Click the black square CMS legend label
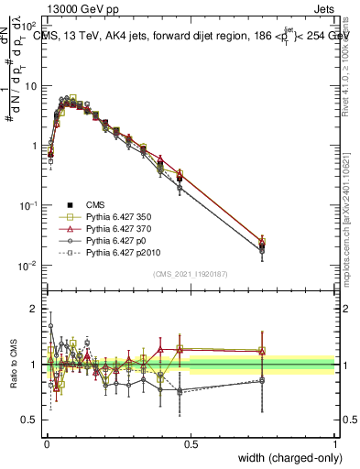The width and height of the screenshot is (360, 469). pos(96,203)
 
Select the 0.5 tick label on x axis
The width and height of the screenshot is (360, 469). pos(191,443)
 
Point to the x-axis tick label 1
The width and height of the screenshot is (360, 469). pos(335,443)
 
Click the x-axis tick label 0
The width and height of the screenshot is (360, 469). pos(47,443)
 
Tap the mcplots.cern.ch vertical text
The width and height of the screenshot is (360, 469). pos(347,220)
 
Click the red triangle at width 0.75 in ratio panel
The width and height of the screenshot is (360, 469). pos(263,351)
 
